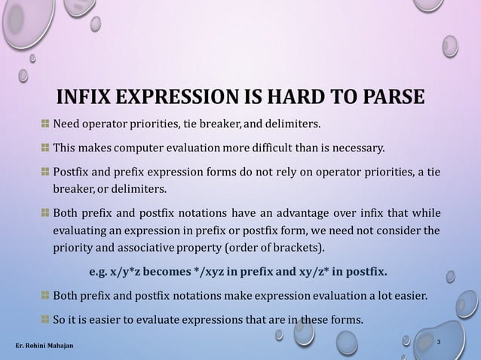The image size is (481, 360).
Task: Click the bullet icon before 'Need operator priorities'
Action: (x=46, y=124)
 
